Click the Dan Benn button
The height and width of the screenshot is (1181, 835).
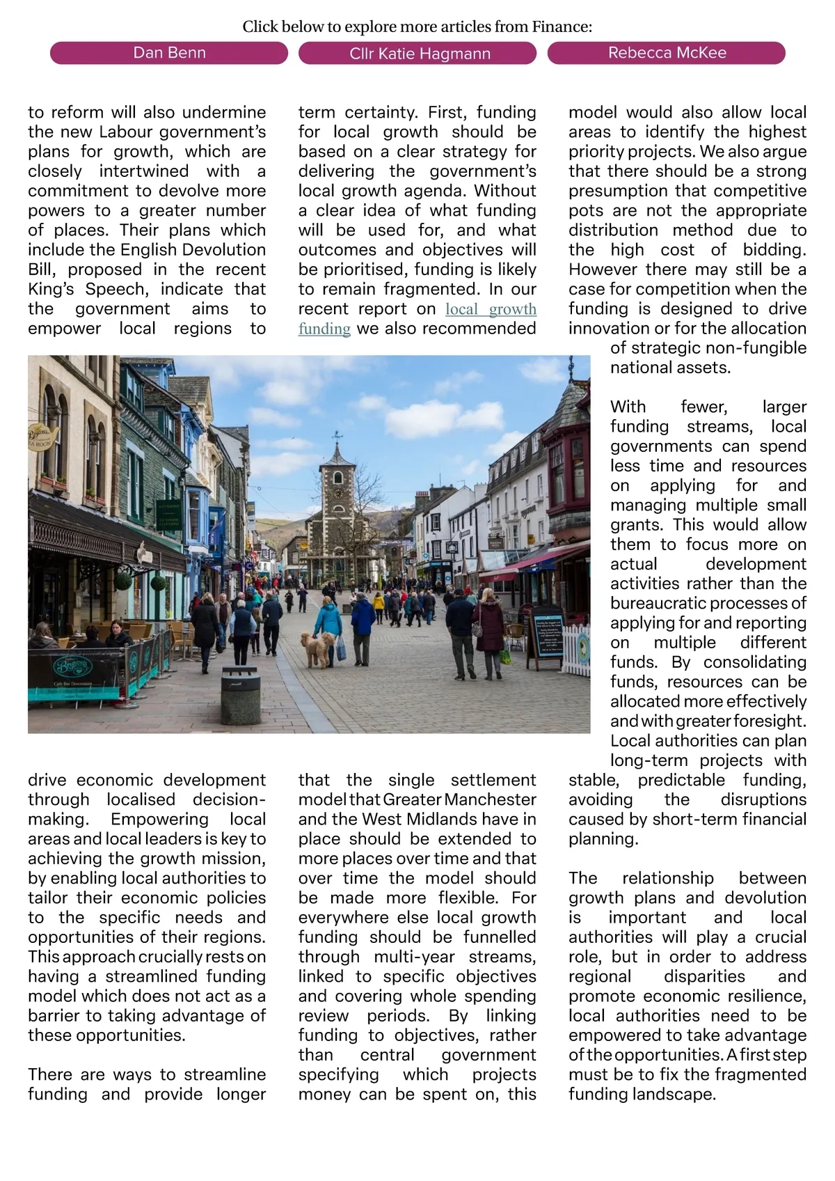coord(169,53)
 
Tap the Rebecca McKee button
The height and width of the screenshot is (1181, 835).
coord(667,53)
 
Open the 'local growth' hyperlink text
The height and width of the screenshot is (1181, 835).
coord(491,309)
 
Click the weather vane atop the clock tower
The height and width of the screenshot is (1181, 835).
coord(337,437)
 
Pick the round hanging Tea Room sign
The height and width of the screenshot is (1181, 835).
coord(40,435)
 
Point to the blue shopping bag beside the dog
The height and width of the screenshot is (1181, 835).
coord(341,649)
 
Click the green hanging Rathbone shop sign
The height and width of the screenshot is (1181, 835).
coord(168,514)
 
